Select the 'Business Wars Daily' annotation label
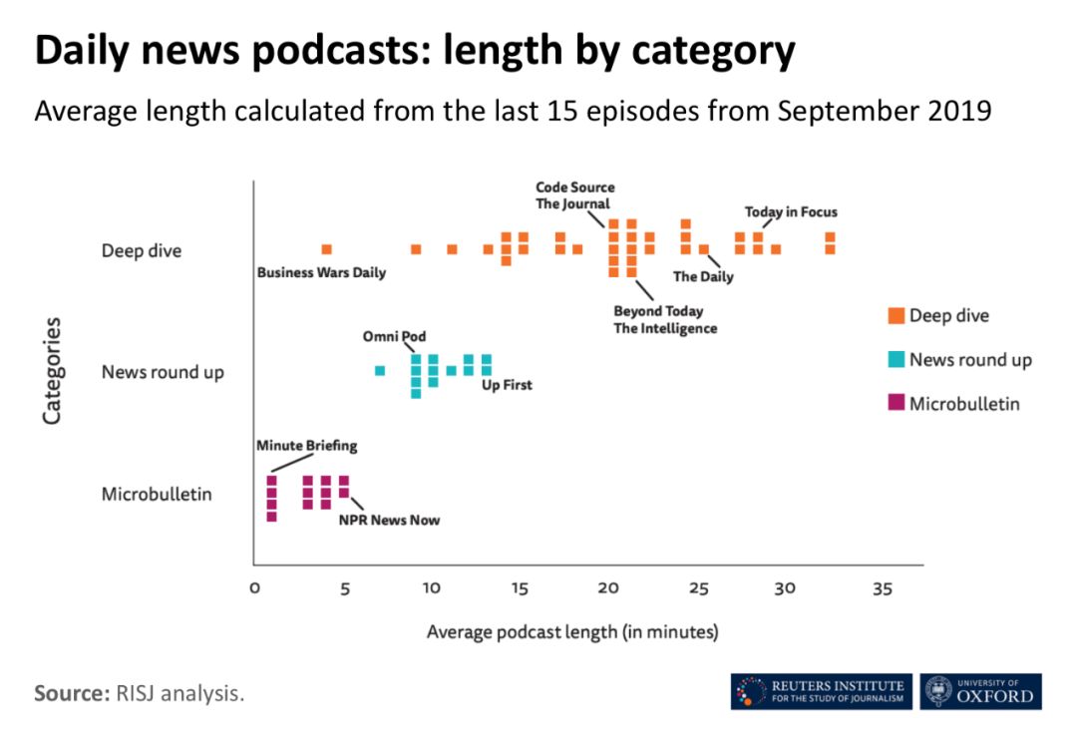click(x=321, y=272)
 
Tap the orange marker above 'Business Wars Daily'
click(x=326, y=249)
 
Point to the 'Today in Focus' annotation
click(x=791, y=211)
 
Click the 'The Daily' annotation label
click(x=703, y=276)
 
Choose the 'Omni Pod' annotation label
click(x=394, y=336)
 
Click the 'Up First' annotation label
click(x=507, y=385)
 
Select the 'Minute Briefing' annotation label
click(x=306, y=446)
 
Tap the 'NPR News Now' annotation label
click(x=389, y=520)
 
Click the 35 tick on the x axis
click(x=881, y=588)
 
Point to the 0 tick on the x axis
click(x=254, y=588)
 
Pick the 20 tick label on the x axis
click(x=607, y=588)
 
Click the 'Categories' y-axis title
click(x=52, y=371)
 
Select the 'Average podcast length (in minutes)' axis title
click(x=572, y=631)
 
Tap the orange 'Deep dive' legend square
click(x=896, y=316)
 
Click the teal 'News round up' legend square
click(x=896, y=360)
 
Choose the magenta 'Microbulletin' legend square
click(x=896, y=403)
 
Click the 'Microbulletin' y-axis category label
click(x=157, y=494)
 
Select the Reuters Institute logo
click(x=821, y=691)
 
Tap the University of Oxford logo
click(x=980, y=691)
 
